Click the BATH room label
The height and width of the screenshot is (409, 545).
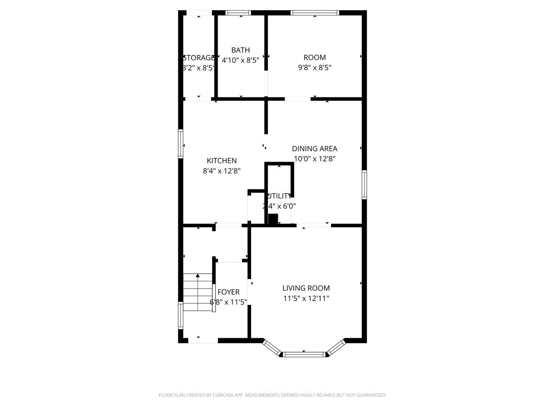[x=240, y=50]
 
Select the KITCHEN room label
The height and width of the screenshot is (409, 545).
[x=222, y=161]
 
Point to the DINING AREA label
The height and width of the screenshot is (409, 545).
[x=315, y=148]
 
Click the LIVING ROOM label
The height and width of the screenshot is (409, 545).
[x=306, y=288]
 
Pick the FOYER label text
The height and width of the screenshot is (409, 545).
[x=229, y=292]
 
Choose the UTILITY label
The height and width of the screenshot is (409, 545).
[x=279, y=196]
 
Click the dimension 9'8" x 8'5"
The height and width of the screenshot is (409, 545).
[x=315, y=68]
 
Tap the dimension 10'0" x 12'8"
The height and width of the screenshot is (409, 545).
[x=315, y=159]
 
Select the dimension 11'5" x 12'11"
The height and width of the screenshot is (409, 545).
[x=306, y=298]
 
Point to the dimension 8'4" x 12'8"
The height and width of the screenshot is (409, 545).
[x=222, y=171]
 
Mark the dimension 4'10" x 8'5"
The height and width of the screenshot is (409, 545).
[x=240, y=60]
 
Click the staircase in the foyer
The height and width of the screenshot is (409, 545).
[x=198, y=292]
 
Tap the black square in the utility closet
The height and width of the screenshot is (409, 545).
[x=273, y=219]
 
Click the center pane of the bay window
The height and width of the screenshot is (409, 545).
[x=305, y=354]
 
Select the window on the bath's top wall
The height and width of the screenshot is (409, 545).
[x=238, y=12]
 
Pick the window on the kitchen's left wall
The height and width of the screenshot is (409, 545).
[x=181, y=144]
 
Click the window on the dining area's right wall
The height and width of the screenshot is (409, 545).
[x=364, y=184]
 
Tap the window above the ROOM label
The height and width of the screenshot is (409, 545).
[x=315, y=12]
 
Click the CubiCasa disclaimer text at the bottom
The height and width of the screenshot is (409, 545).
[x=272, y=395]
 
